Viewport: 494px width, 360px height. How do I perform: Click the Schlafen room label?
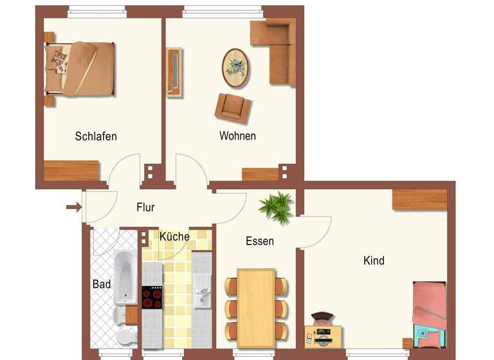(96, 136)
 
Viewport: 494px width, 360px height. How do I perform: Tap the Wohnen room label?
(237, 136)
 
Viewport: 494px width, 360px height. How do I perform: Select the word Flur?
(145, 207)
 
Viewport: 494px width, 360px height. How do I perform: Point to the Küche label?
(174, 237)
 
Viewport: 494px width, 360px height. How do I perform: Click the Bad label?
(102, 283)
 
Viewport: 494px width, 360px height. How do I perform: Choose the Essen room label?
(260, 241)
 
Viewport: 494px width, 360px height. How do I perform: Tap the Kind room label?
(374, 260)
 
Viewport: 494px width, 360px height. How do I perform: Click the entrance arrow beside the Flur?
(73, 207)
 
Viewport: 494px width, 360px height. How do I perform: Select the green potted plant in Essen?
(275, 206)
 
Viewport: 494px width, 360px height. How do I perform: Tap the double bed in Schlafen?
(80, 66)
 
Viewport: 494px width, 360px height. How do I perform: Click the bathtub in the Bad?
(123, 277)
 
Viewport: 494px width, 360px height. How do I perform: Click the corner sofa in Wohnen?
(277, 48)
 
